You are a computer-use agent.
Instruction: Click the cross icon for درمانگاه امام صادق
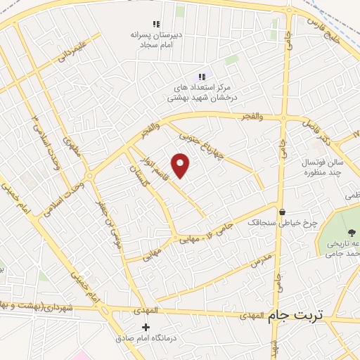146,327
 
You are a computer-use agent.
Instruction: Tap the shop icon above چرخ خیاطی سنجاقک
283,212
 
